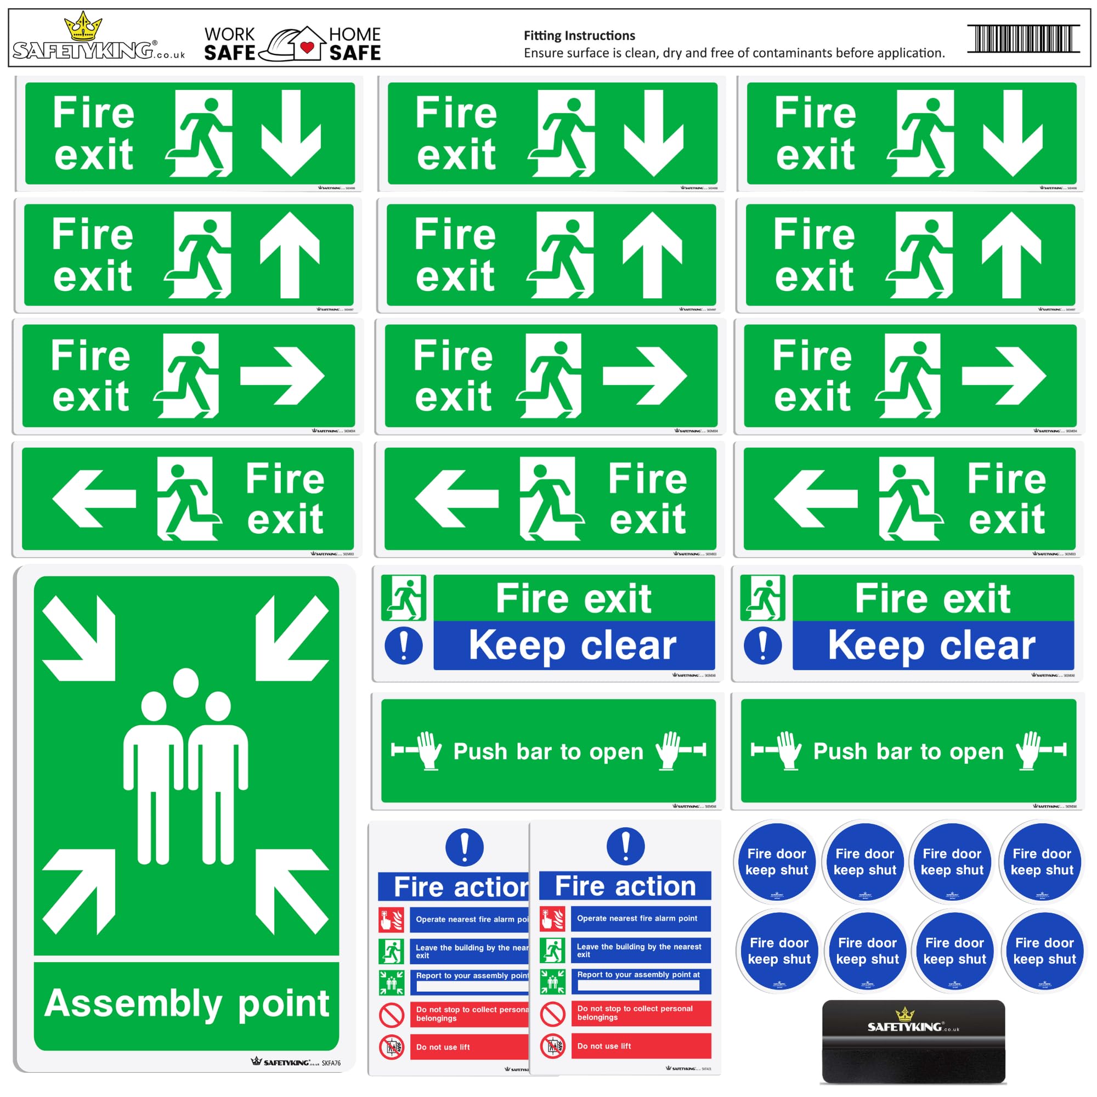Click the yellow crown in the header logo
point(83,27)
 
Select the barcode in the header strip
point(1022,38)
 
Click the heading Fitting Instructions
point(579,36)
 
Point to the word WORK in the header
point(229,35)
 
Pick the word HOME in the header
point(355,35)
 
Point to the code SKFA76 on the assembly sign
point(331,1063)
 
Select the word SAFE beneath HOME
point(355,53)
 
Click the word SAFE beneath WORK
point(229,53)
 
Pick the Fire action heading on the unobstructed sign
point(625,886)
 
